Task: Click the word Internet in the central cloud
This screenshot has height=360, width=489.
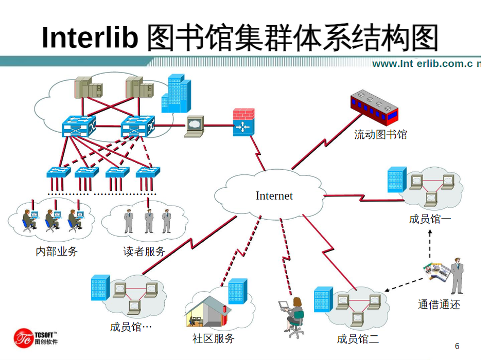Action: click(274, 196)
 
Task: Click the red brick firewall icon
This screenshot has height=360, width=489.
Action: click(243, 121)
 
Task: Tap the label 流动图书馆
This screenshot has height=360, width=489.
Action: click(380, 135)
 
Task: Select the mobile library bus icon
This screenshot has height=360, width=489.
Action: click(375, 106)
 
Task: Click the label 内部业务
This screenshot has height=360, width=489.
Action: click(57, 251)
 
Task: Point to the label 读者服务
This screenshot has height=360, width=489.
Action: click(144, 251)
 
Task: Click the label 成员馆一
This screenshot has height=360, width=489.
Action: click(430, 219)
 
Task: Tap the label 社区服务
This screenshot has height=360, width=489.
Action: click(213, 338)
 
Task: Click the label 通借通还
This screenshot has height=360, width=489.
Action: click(439, 304)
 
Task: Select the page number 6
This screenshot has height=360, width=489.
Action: click(457, 346)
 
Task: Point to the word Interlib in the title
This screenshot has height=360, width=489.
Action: click(90, 37)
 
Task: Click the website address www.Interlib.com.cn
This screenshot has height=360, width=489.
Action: click(426, 64)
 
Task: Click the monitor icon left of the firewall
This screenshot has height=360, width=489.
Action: click(194, 124)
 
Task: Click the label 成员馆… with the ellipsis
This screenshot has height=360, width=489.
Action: click(131, 327)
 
